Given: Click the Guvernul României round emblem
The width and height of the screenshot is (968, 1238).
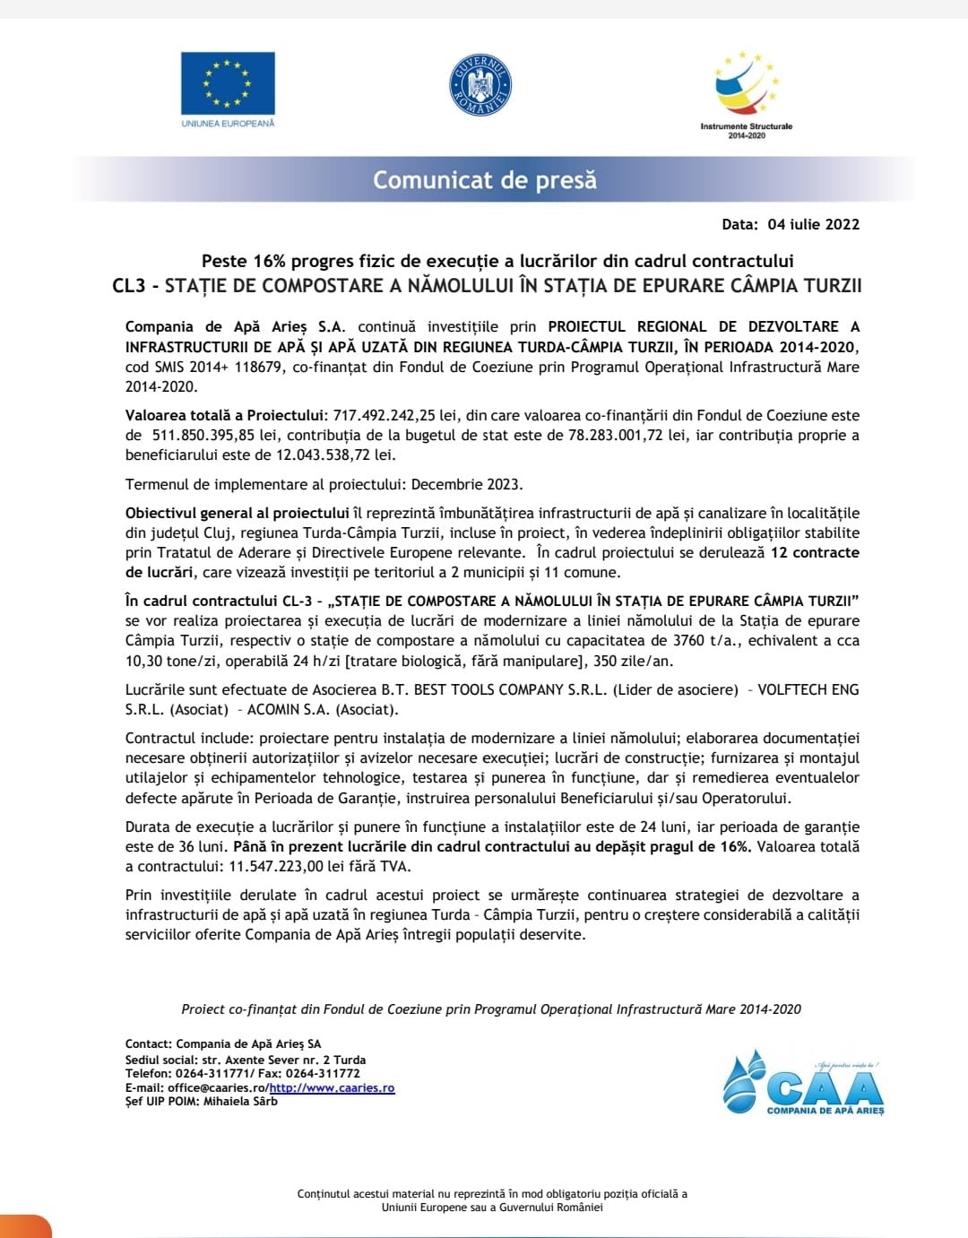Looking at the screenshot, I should [x=480, y=85].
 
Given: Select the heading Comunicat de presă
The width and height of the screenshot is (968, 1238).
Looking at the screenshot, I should [x=484, y=180].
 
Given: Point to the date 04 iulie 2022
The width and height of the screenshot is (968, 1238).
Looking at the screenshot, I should [x=813, y=224].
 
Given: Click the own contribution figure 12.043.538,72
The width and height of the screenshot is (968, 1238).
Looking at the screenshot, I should [x=323, y=455].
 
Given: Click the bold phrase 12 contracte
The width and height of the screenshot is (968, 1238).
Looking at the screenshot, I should [x=815, y=552].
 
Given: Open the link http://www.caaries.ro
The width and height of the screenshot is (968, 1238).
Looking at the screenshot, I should [x=332, y=1087].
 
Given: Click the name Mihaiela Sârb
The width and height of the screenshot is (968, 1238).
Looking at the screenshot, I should [x=240, y=1101].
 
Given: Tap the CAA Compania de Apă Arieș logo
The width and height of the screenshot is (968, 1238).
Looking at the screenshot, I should [x=803, y=1085].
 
